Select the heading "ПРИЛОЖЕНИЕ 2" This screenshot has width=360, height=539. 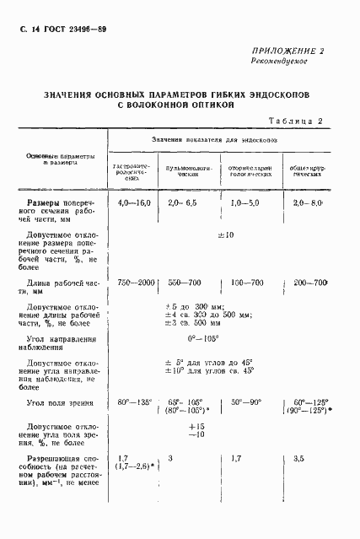(x=282, y=51)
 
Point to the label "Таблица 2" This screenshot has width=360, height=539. (x=294, y=121)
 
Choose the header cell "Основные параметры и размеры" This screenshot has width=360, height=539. (x=60, y=159)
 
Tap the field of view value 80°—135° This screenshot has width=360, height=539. (x=134, y=403)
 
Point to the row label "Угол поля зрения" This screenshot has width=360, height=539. (x=58, y=404)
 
